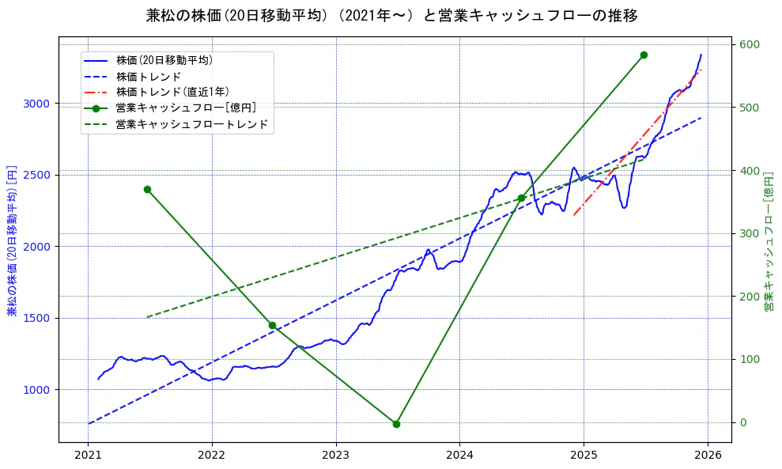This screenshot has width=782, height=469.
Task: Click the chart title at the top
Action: coord(391,16)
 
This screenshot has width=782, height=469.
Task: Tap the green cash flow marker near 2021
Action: coord(147,189)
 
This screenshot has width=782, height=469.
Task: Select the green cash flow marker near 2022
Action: coord(272,325)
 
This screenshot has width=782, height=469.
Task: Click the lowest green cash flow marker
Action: coord(396,424)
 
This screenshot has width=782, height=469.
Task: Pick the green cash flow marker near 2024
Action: coord(521,198)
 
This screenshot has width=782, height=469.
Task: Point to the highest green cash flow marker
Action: coord(644,55)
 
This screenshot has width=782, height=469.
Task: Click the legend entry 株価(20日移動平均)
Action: coord(164,59)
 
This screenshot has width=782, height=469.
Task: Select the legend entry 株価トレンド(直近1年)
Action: coord(172,92)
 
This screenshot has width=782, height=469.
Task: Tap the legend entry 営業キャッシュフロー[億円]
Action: coord(185,108)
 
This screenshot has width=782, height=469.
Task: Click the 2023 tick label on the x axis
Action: coord(335,456)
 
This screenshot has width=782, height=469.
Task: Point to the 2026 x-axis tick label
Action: coord(708,456)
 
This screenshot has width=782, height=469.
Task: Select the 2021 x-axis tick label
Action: coord(88,456)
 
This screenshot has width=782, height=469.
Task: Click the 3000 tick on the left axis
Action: coord(37,104)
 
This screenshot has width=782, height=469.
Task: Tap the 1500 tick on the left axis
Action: coord(37,318)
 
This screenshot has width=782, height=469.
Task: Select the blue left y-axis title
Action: coord(11,241)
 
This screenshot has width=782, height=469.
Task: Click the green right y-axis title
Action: coord(769,241)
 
